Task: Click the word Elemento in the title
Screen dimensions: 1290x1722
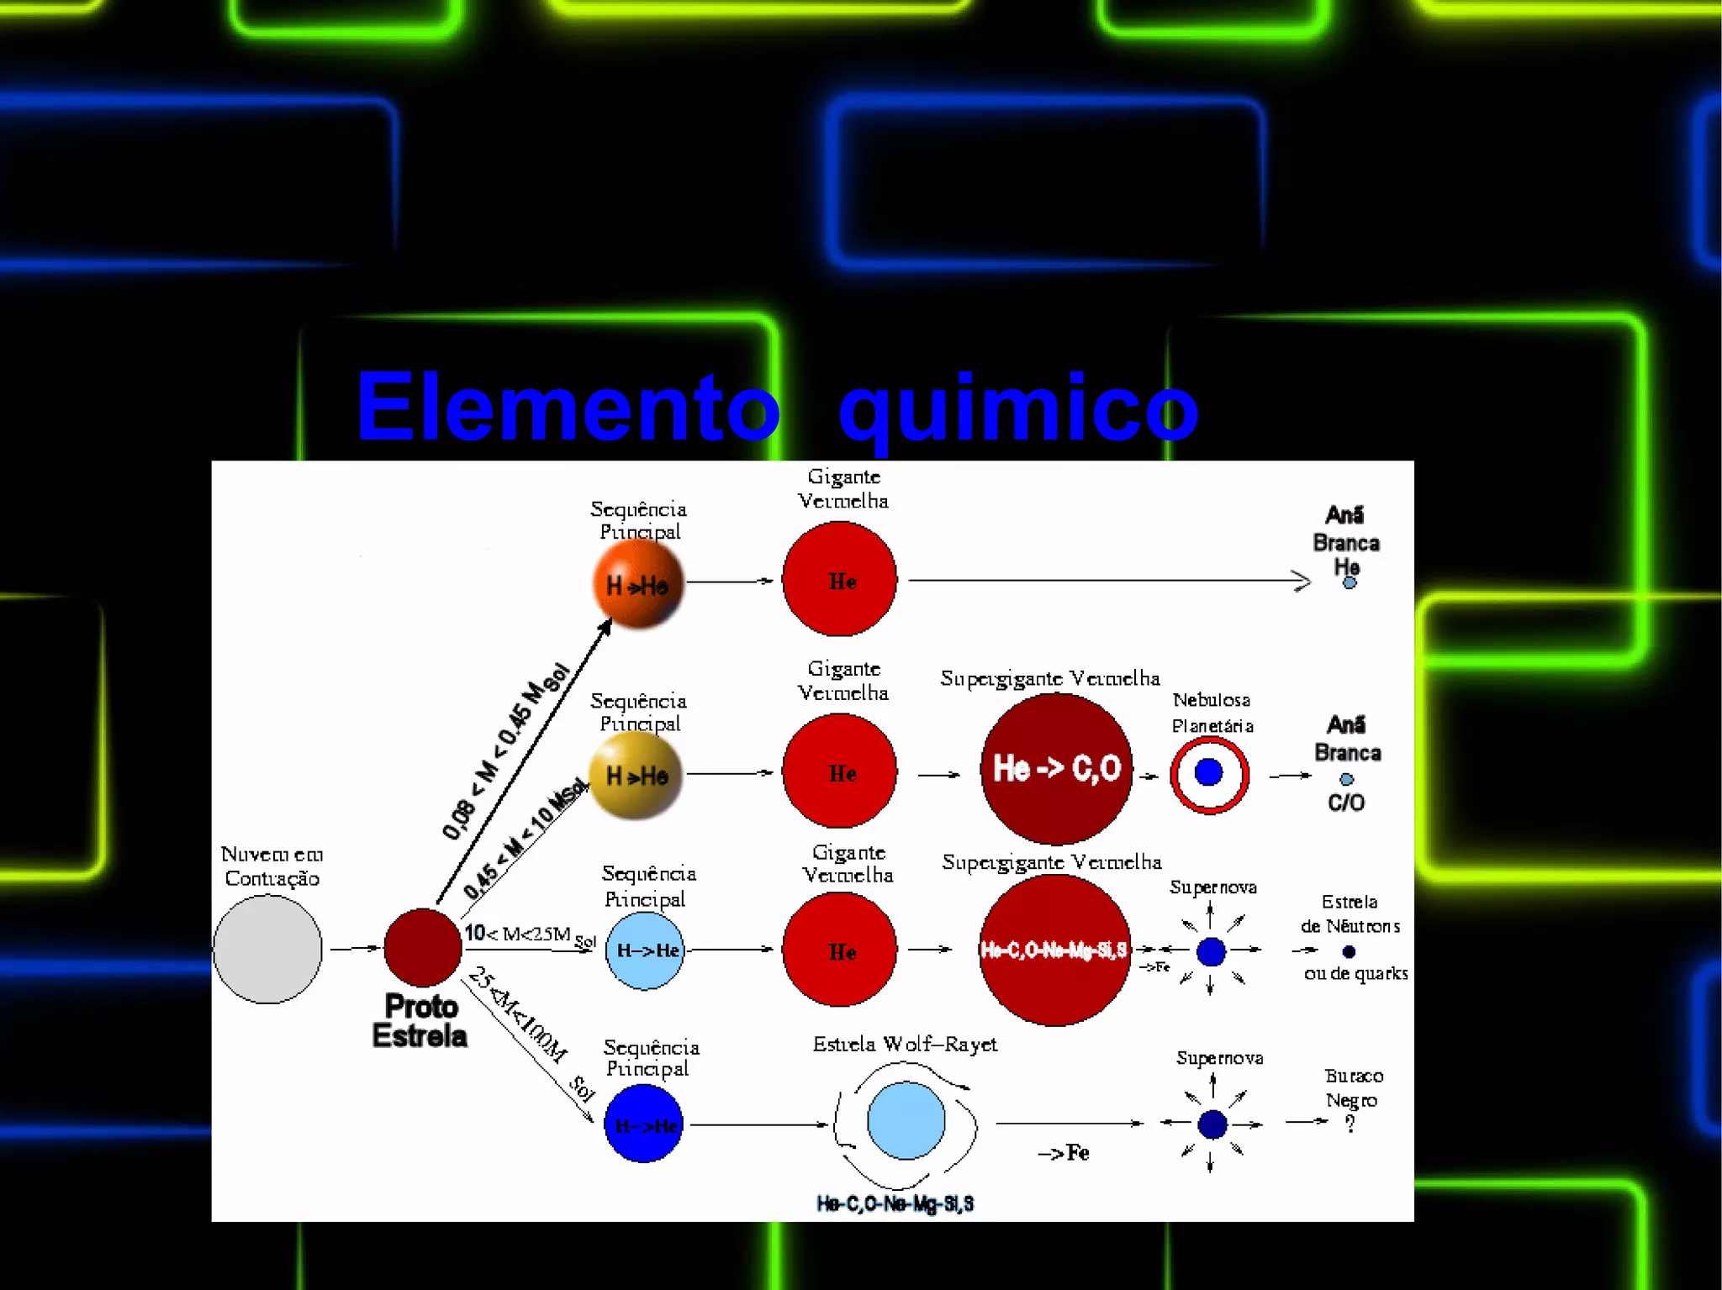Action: (x=568, y=407)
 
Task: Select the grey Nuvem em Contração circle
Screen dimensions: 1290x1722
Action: (x=267, y=949)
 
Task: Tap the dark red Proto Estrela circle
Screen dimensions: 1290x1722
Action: (x=422, y=947)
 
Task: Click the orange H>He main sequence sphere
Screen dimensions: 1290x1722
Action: (x=638, y=584)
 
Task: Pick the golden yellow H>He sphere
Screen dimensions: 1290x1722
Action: (x=637, y=775)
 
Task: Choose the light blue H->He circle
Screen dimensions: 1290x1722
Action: (x=645, y=950)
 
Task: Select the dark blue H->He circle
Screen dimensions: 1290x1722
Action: (x=643, y=1124)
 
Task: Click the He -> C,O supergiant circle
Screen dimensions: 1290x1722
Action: (x=1056, y=768)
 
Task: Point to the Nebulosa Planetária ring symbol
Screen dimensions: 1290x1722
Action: (x=1209, y=773)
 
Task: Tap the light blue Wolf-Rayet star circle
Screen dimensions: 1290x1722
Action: (x=906, y=1121)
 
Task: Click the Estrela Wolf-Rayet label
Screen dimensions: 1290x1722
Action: (x=905, y=1045)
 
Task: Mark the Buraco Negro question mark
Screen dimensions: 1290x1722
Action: (x=1350, y=1124)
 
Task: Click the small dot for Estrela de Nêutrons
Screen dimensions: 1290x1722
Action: (x=1349, y=951)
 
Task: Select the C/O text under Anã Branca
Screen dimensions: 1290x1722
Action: (x=1346, y=803)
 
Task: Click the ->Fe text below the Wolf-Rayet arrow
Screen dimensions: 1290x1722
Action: (x=1064, y=1153)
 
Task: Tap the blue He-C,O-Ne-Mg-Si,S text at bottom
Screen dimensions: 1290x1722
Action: (x=895, y=1204)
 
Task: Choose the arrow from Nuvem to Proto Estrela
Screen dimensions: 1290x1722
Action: (x=354, y=949)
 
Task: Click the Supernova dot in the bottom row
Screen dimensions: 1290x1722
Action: (x=1212, y=1124)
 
